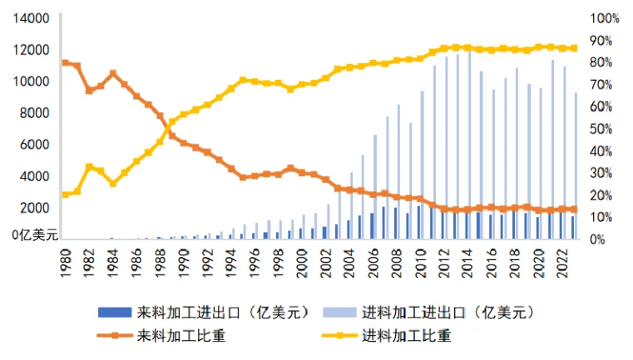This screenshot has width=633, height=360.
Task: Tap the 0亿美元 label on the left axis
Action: (34, 235)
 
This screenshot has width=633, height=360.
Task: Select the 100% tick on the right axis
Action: (604, 18)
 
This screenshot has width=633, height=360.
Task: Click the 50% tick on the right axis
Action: (601, 129)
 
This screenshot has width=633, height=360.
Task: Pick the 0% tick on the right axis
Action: (598, 239)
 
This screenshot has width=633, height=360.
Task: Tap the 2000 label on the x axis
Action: (301, 264)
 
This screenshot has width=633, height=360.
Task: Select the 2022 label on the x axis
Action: (561, 264)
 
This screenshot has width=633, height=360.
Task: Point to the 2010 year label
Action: (419, 264)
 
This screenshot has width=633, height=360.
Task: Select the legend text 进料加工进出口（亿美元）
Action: (447, 313)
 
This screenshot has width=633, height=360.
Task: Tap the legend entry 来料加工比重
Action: (179, 336)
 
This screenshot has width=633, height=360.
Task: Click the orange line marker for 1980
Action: (66, 63)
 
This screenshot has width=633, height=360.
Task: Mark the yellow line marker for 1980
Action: (66, 195)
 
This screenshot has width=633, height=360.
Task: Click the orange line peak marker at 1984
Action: (113, 73)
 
